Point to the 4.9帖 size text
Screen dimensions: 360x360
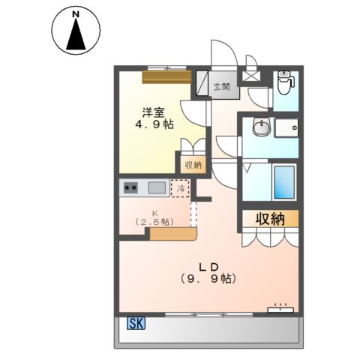pos(154,124)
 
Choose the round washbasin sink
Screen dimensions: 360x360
pos(260,128)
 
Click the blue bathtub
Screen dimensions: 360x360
pos(283,181)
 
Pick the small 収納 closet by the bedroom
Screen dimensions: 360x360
pos(190,165)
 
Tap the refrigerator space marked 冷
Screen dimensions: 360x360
pos(180,188)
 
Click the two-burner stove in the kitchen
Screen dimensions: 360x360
pos(130,187)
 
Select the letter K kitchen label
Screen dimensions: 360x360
pos(155,212)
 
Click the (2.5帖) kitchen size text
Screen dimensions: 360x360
pos(155,222)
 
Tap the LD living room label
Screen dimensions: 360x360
pos(208,265)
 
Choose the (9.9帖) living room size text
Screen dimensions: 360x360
pos(208,279)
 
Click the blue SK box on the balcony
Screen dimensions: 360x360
pos(136,324)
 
